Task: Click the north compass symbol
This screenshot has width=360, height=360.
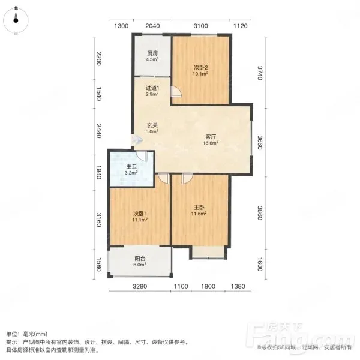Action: [x=16, y=20]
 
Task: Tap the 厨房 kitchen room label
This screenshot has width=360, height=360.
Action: [x=152, y=53]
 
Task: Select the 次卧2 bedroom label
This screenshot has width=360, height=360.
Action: [x=200, y=67]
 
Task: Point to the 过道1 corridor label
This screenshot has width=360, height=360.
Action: [x=152, y=88]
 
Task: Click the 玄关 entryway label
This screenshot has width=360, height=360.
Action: [x=152, y=125]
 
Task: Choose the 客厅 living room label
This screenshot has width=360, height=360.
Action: [x=211, y=137]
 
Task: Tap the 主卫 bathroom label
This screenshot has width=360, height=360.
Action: [x=131, y=167]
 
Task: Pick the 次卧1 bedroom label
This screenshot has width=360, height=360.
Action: [x=140, y=214]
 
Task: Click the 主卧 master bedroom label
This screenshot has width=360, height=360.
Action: [x=199, y=208]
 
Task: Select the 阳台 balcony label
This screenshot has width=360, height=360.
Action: [x=140, y=259]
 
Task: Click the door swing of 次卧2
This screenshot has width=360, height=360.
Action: [x=176, y=92]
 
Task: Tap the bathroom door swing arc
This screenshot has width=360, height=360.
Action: [x=142, y=156]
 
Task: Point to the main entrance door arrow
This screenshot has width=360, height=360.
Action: [x=137, y=140]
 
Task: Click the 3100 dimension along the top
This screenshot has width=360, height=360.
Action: [x=200, y=26]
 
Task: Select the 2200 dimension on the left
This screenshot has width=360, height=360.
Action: [x=99, y=59]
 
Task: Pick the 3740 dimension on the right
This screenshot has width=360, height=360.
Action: [x=259, y=73]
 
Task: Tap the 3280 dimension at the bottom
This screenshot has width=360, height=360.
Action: [x=140, y=286]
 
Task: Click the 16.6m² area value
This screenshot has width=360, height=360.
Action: [x=211, y=143]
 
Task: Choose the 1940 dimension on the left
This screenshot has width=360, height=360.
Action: [x=99, y=172]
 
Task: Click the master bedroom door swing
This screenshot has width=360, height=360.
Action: [x=187, y=179]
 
